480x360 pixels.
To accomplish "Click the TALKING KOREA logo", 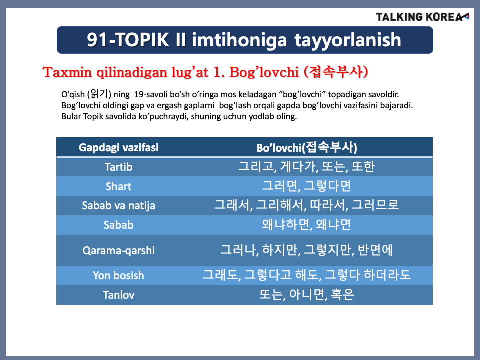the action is click(423, 17).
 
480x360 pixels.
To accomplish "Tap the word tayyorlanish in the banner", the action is click(348, 40).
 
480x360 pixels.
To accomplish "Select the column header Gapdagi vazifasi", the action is click(119, 148).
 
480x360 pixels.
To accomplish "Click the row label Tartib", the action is click(119, 167).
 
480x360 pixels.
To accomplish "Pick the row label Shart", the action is click(119, 186).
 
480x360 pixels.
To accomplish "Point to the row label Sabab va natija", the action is click(119, 205).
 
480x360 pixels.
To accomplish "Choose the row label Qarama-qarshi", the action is click(119, 250).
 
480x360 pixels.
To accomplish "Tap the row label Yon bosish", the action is click(119, 275).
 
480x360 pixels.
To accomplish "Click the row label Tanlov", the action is click(119, 295).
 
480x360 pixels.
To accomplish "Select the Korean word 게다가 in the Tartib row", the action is click(299, 167).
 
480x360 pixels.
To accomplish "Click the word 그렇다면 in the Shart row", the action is click(327, 186).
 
